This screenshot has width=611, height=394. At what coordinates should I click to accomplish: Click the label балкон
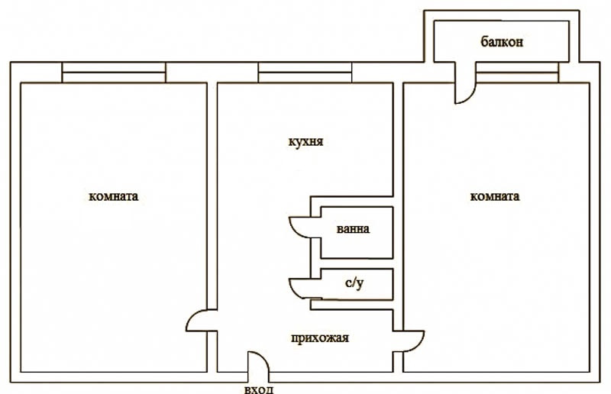point(502,41)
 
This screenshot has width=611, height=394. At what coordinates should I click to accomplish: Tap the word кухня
point(305,141)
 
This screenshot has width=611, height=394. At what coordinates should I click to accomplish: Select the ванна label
point(353,228)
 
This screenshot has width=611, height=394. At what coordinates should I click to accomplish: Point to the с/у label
point(354,283)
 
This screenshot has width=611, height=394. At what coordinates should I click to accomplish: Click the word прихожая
point(319,338)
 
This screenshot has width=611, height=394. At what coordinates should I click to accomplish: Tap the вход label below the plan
point(258,389)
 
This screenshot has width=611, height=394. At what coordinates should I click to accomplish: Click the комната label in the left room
point(113,196)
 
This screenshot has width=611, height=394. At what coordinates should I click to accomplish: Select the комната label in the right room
point(494,196)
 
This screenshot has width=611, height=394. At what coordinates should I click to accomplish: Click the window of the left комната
point(114,73)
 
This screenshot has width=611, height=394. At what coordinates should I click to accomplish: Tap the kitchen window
point(305,73)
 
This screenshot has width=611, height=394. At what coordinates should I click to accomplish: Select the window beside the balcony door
point(518,73)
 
